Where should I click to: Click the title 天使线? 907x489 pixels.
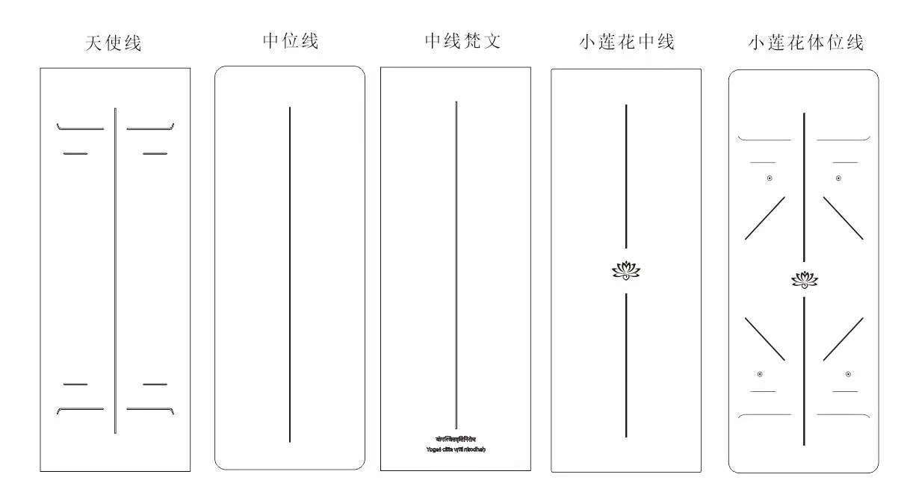pyautogui.click(x=114, y=43)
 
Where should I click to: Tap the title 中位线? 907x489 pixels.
pyautogui.click(x=291, y=41)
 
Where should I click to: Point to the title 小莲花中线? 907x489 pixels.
pyautogui.click(x=626, y=43)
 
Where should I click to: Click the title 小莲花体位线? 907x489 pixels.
pyautogui.click(x=805, y=43)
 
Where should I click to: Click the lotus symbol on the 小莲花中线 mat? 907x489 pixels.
pyautogui.click(x=626, y=270)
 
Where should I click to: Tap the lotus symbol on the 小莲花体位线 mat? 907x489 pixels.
pyautogui.click(x=804, y=280)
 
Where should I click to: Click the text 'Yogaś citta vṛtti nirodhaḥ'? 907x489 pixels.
pyautogui.click(x=456, y=449)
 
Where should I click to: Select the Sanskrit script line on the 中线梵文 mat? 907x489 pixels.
pyautogui.click(x=456, y=439)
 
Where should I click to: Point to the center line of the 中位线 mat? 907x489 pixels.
pyautogui.click(x=290, y=275)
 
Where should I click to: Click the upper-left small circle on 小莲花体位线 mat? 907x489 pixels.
pyautogui.click(x=770, y=178)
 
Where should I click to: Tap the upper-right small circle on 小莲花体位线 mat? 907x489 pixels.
pyautogui.click(x=838, y=178)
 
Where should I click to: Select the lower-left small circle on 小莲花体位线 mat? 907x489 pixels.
pyautogui.click(x=760, y=374)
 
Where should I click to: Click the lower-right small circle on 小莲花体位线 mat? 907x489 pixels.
pyautogui.click(x=848, y=374)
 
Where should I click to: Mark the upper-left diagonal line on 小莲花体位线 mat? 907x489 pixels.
pyautogui.click(x=765, y=218)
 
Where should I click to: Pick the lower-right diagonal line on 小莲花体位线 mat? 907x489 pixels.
pyautogui.click(x=843, y=340)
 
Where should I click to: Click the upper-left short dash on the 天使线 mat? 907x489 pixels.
pyautogui.click(x=75, y=154)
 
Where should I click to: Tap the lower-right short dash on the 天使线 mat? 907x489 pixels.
pyautogui.click(x=155, y=384)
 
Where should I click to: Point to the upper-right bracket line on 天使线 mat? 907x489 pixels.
pyautogui.click(x=150, y=128)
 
